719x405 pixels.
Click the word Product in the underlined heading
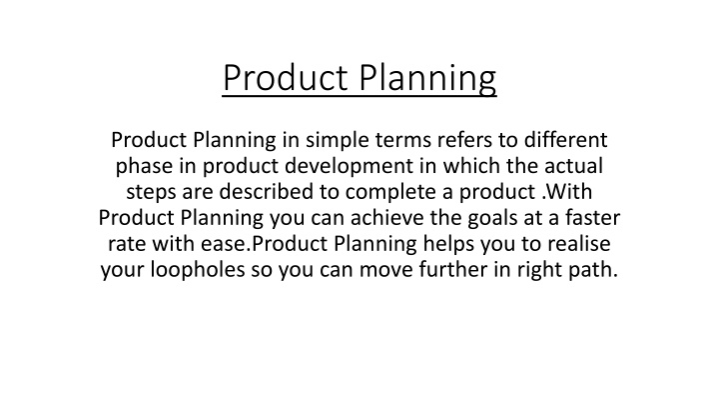coord(285,77)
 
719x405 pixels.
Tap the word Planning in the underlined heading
coord(427,79)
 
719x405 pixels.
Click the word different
coord(566,140)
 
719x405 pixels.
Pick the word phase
coord(145,166)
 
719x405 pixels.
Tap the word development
coord(349,166)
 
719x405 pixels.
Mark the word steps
coord(151,192)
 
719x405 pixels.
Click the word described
coord(266,191)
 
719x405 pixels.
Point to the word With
coord(569,191)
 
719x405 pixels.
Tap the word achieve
coord(387,217)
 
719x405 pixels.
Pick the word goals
coord(492,218)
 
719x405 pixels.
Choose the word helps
coord(448,244)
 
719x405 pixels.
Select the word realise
coord(578,243)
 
